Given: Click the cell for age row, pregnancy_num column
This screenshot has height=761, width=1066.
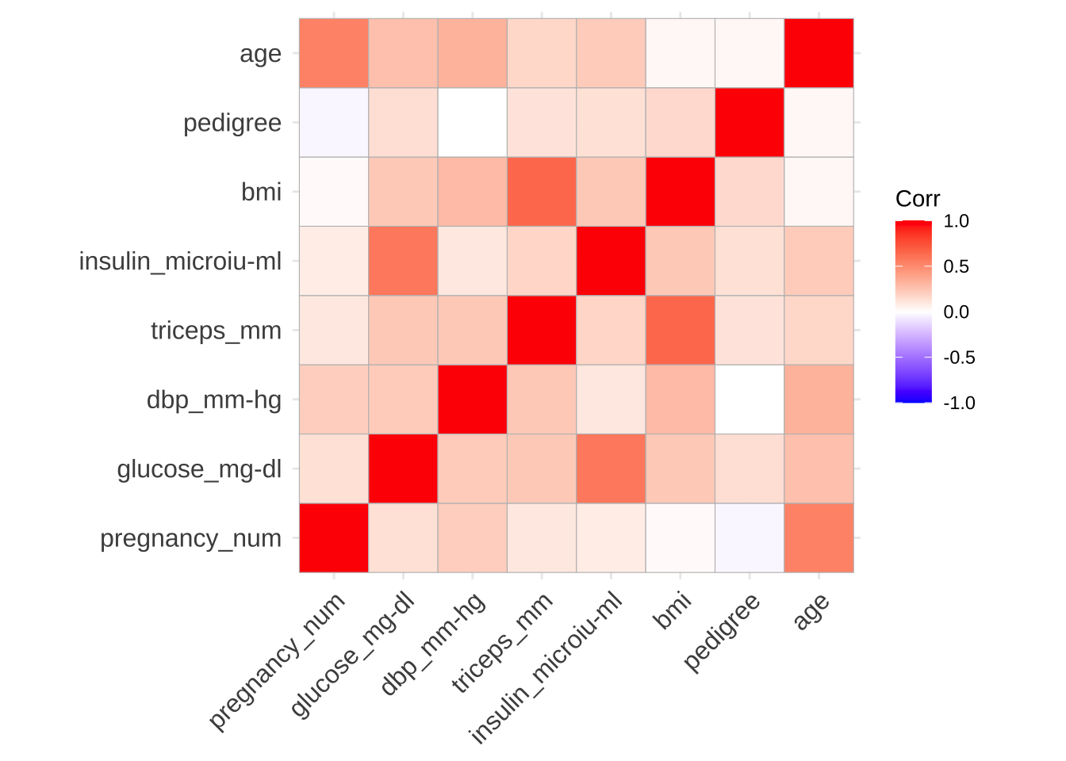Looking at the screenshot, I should [x=333, y=53].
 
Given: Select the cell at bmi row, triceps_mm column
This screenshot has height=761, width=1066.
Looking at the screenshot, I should [x=541, y=192].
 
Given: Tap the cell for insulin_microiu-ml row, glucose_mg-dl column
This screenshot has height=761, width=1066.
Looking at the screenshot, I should [x=403, y=261].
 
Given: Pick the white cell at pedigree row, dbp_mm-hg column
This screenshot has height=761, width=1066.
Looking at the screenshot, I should [x=472, y=123].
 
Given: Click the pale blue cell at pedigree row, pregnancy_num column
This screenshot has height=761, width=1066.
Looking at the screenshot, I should [x=333, y=123].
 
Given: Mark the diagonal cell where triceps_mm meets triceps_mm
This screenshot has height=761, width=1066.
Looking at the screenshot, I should [x=541, y=330].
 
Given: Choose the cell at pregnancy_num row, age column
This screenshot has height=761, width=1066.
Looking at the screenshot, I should [x=819, y=537].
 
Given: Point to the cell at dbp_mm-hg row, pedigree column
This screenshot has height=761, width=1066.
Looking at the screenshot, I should [x=749, y=400].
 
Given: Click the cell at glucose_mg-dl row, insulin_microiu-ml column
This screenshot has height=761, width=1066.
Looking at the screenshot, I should [x=610, y=468].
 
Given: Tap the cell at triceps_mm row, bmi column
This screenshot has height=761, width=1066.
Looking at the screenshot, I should [x=680, y=330].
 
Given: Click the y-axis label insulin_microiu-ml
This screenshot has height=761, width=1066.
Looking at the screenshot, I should [x=180, y=261].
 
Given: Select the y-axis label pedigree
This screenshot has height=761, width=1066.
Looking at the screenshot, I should [x=232, y=123].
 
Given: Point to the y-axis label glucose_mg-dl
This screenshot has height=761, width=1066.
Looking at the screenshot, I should [x=199, y=469].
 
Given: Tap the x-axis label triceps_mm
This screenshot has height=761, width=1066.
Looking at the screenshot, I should [x=503, y=642].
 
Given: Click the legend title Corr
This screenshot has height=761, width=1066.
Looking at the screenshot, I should [x=918, y=198].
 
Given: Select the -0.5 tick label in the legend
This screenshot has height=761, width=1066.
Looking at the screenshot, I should [x=959, y=358].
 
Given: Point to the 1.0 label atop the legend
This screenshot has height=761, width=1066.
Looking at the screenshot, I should [x=957, y=221].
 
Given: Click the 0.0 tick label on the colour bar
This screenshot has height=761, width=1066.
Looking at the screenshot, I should [x=957, y=312].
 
